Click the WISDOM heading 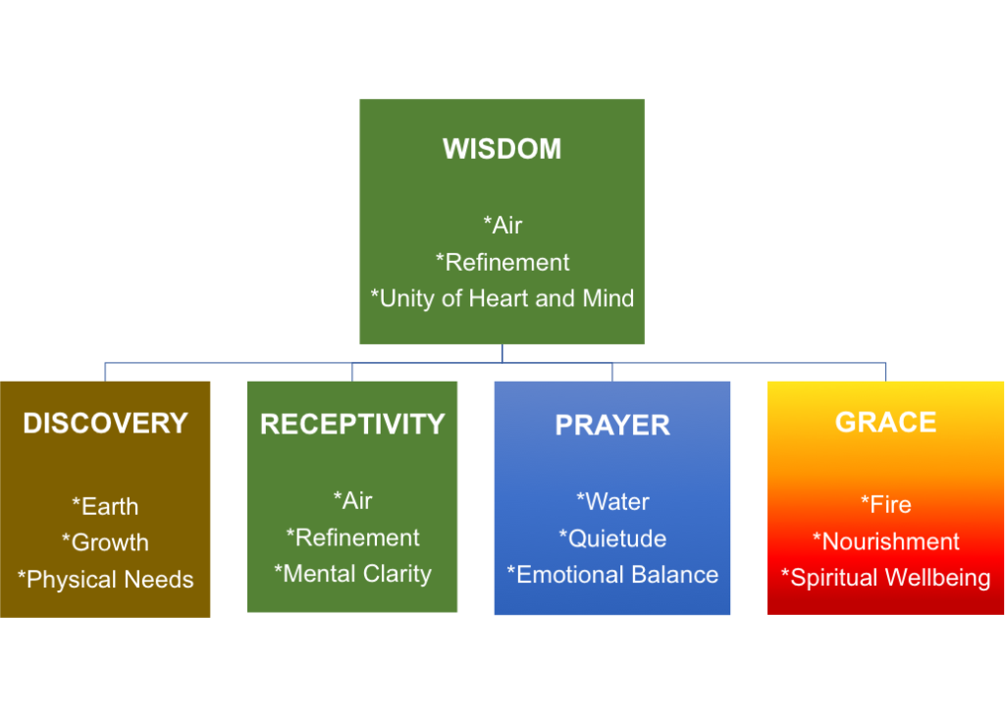[x=502, y=149]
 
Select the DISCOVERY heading [x=105, y=423]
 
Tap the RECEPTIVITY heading [x=352, y=424]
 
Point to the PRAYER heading [x=612, y=425]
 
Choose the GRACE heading [x=885, y=422]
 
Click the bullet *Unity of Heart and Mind [x=502, y=298]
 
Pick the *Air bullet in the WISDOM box [x=502, y=225]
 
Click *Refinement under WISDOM [x=502, y=262]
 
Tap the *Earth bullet [x=105, y=506]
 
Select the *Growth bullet [x=105, y=542]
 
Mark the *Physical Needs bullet [x=105, y=579]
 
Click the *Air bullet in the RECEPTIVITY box [x=352, y=500]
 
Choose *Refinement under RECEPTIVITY [x=352, y=537]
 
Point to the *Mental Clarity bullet [x=352, y=573]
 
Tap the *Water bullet [x=612, y=501]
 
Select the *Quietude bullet [x=612, y=538]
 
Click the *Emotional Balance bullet [x=612, y=574]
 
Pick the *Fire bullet [x=885, y=504]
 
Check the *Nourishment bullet [x=885, y=540]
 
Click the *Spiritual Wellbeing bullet [x=885, y=577]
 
